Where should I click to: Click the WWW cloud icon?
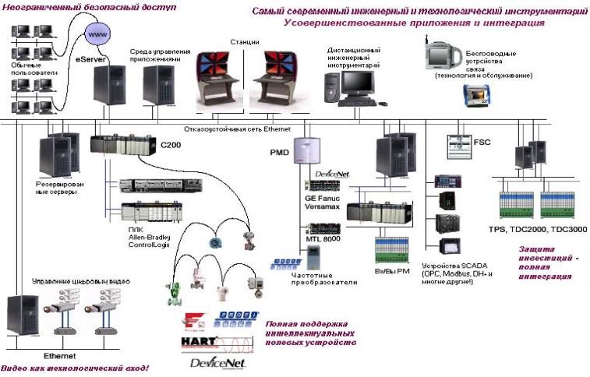click(97, 36)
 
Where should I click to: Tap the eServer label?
click(89, 58)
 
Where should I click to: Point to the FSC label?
click(482, 143)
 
